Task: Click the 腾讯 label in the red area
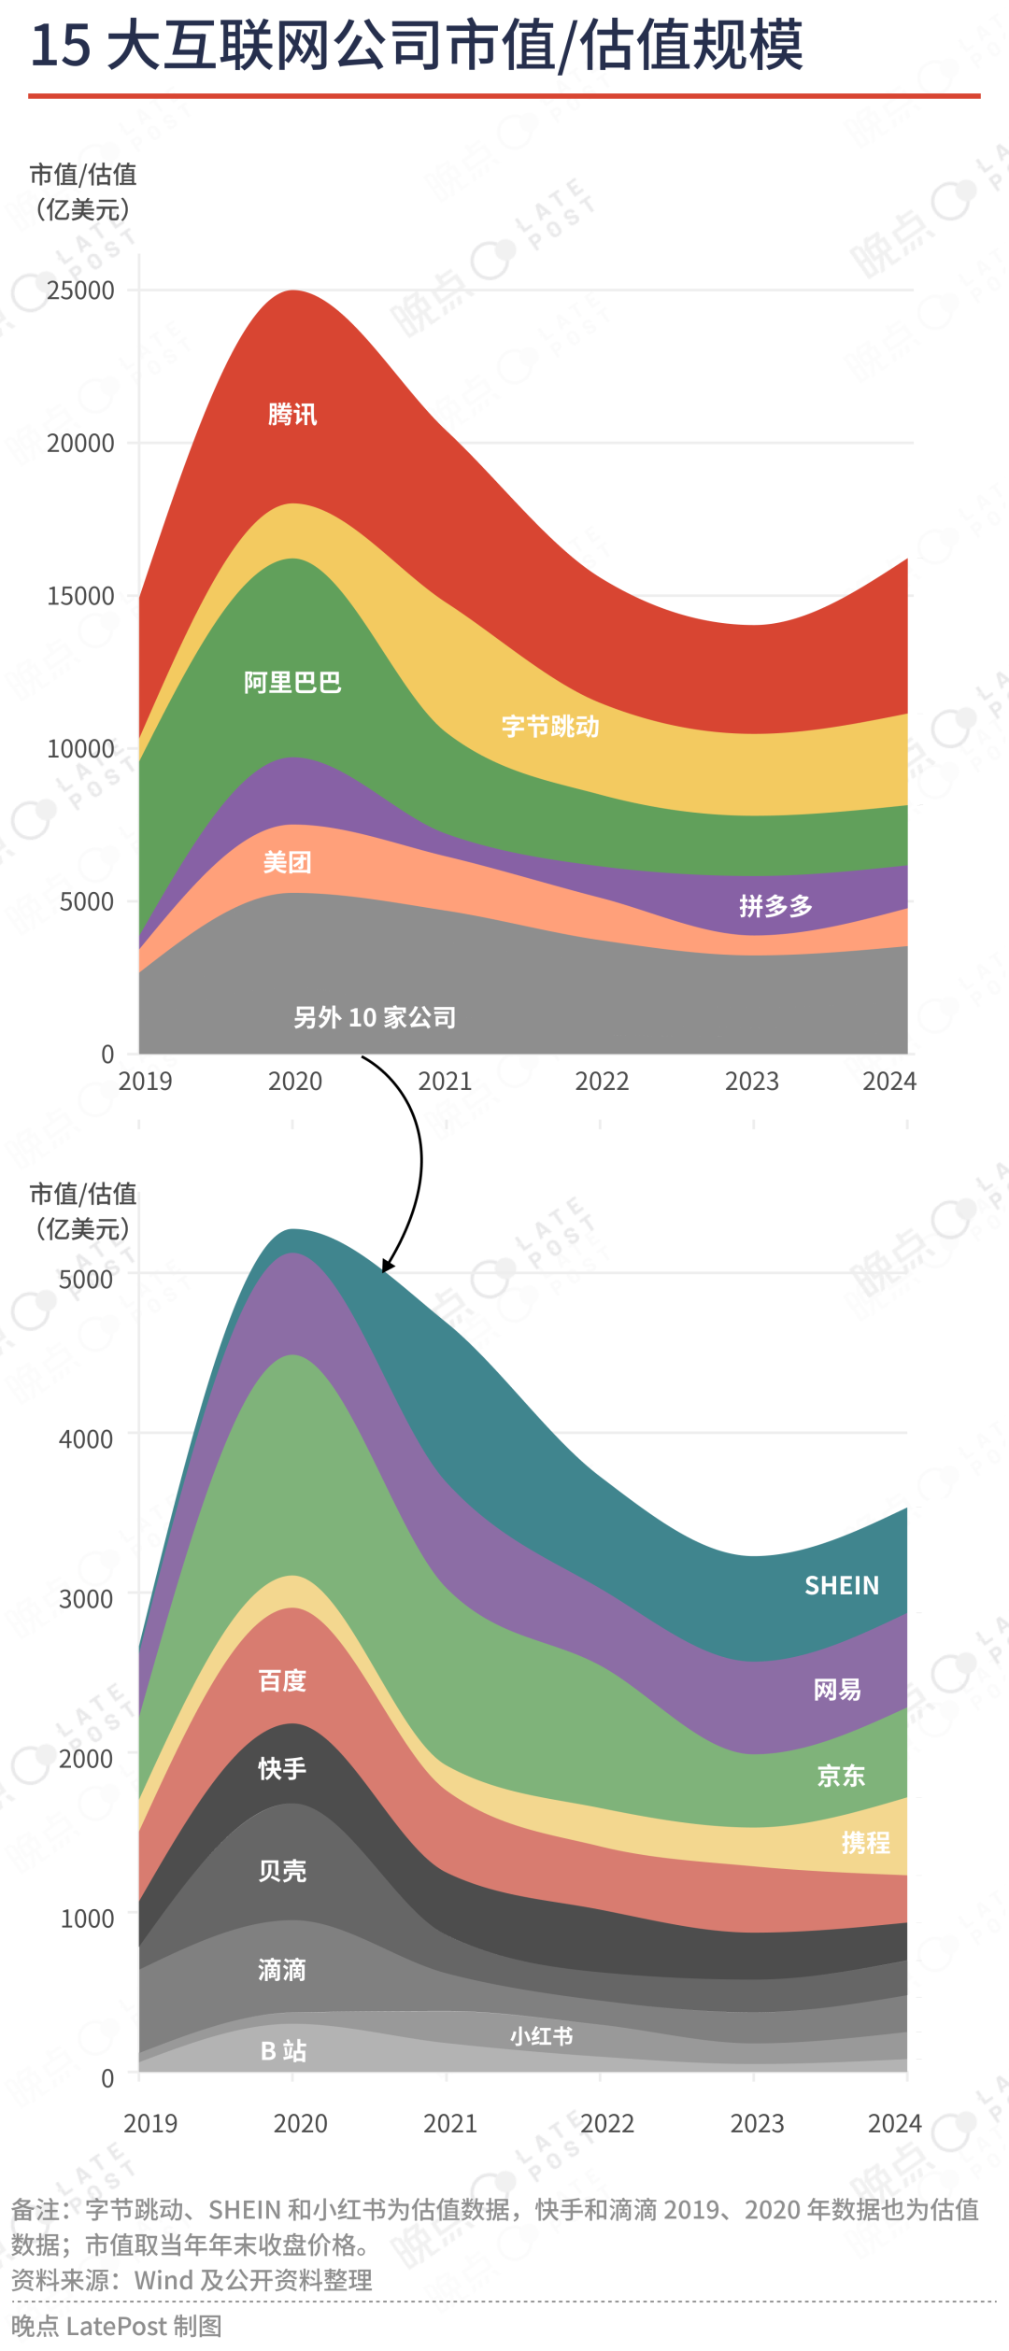[292, 414]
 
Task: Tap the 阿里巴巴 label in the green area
[292, 683]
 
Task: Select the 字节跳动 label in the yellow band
[550, 726]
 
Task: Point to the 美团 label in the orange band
[287, 862]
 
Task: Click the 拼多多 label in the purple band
[775, 905]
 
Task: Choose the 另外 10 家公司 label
[375, 1017]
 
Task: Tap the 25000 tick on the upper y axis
[81, 290]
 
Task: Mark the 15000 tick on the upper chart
[81, 596]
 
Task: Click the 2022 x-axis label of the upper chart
[602, 1082]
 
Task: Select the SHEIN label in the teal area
[842, 1585]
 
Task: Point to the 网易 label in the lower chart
[837, 1689]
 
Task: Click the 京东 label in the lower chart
[841, 1775]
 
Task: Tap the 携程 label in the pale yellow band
[865, 1842]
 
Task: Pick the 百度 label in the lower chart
[282, 1680]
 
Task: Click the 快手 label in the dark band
[282, 1768]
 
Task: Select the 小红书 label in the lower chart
[541, 2036]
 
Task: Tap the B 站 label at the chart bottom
[283, 2050]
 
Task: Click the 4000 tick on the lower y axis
[86, 1439]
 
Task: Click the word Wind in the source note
[164, 2280]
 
